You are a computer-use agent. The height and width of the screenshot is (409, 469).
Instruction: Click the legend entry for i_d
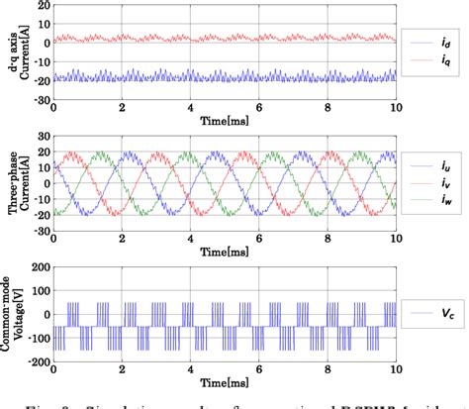(x=430, y=44)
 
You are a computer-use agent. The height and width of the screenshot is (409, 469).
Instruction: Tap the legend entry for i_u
(x=430, y=168)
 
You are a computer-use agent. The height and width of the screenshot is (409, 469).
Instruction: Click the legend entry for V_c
(x=430, y=313)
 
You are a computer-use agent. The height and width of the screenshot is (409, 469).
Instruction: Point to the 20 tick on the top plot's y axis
(x=43, y=6)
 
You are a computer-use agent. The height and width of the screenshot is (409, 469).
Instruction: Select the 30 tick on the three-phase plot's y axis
(x=43, y=136)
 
